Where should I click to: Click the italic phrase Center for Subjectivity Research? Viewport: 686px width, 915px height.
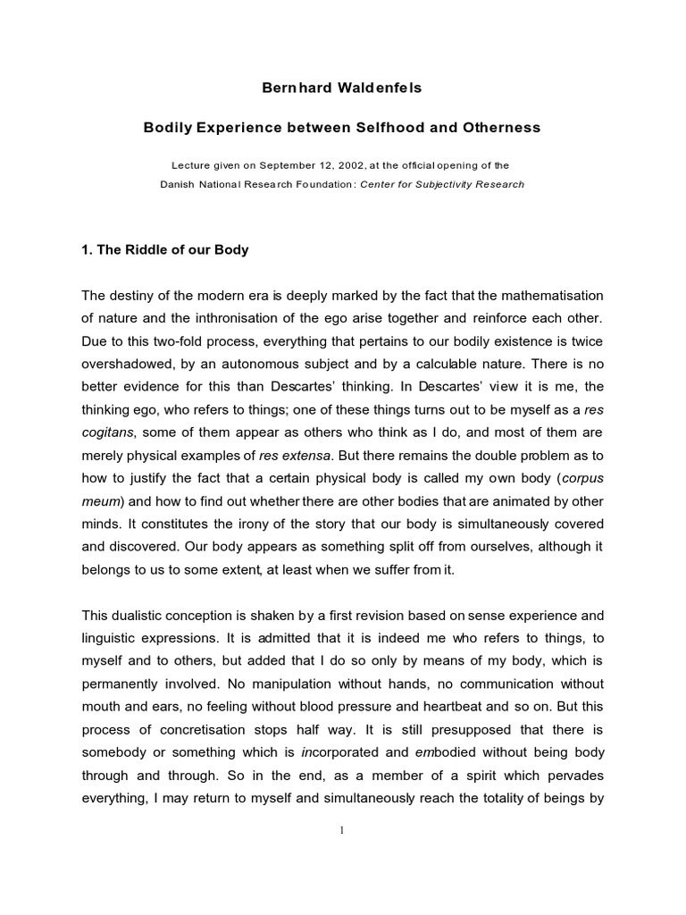[442, 185]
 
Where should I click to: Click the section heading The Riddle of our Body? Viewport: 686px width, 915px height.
[164, 250]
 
